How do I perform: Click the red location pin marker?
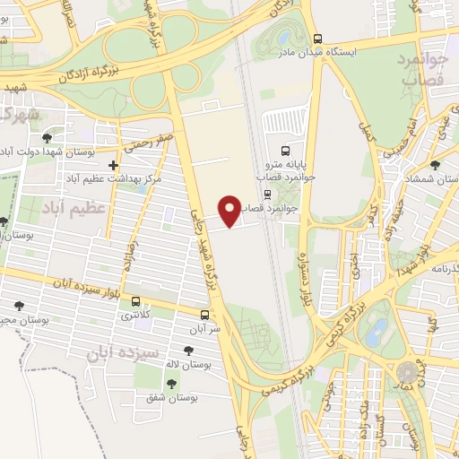230,211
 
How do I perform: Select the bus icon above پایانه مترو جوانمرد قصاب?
285,151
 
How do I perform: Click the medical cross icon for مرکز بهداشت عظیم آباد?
112,165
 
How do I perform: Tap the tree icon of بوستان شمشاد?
435,165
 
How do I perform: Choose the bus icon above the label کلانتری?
135,301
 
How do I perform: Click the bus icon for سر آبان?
205,315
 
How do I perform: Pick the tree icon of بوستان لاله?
187,351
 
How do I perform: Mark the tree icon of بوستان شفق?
171,383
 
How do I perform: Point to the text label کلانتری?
136,315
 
